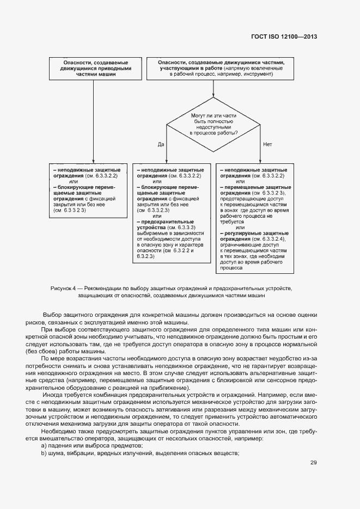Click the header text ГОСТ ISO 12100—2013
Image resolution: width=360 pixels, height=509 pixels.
tap(284, 36)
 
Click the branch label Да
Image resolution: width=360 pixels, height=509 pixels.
tap(161, 144)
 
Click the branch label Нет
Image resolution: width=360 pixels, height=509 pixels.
tap(267, 144)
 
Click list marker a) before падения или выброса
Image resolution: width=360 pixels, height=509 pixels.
tap(44, 445)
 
